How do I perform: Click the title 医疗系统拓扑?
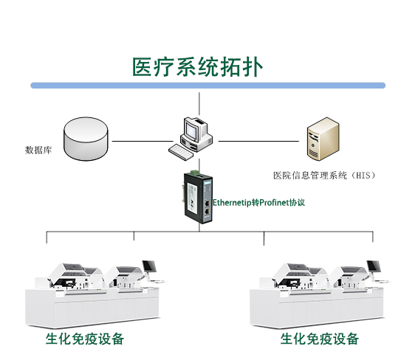click(197, 67)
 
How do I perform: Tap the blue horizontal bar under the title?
click(208, 86)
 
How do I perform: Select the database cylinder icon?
click(86, 139)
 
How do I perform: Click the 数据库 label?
click(38, 150)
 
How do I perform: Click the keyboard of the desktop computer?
click(181, 152)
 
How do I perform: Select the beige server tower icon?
click(323, 139)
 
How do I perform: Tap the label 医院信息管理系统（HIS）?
click(324, 176)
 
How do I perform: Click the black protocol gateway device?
click(198, 197)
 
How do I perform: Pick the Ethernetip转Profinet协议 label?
click(258, 203)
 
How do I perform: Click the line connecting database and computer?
click(143, 141)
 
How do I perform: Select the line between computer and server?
click(258, 141)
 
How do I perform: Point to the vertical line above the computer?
click(199, 104)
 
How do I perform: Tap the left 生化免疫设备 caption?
click(85, 339)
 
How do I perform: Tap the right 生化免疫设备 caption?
click(319, 339)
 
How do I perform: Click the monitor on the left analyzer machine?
click(149, 266)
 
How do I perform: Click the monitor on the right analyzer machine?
click(374, 266)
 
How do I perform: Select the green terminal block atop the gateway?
click(195, 172)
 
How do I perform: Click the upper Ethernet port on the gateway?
click(207, 204)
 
